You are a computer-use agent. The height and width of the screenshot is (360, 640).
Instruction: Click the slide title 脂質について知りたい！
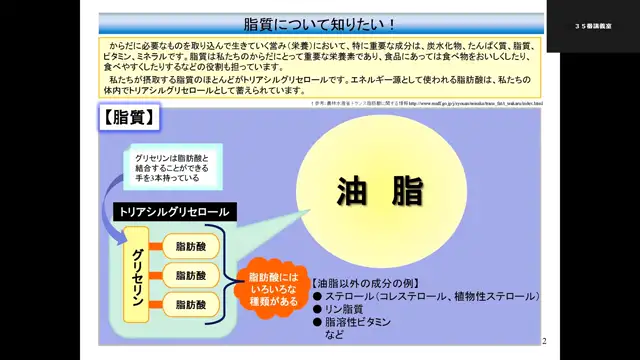click(319, 23)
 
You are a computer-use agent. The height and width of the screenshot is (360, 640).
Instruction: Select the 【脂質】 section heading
click(130, 118)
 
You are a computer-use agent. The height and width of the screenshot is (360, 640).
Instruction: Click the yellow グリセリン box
click(138, 274)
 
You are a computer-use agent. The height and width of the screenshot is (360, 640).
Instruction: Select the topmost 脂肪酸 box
click(190, 246)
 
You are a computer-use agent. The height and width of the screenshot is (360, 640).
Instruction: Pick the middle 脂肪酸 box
click(190, 275)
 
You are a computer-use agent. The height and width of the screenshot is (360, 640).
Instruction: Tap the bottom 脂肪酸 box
click(190, 303)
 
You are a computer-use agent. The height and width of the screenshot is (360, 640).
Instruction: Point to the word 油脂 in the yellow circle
click(379, 190)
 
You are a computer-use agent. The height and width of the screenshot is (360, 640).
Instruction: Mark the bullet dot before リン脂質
click(316, 310)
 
